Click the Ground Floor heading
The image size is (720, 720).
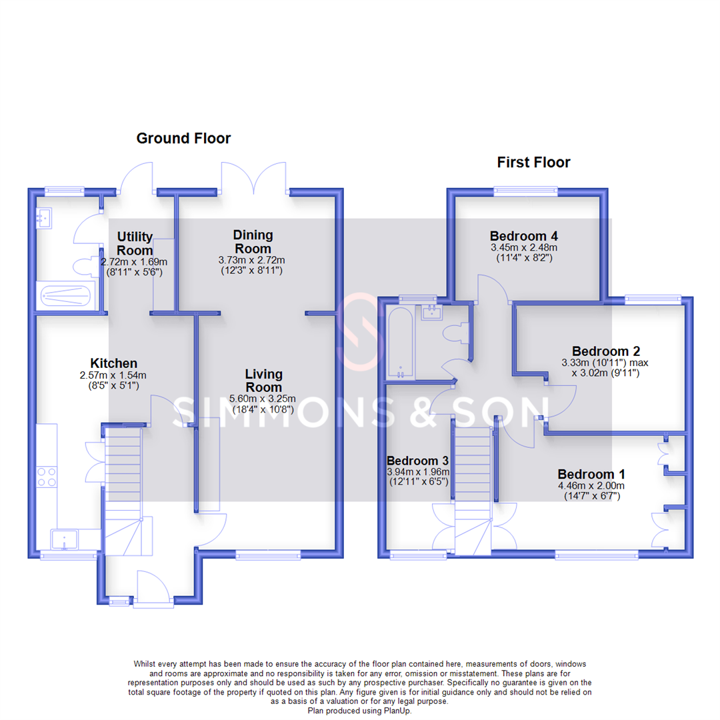pyautogui.click(x=183, y=138)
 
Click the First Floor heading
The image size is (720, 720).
pyautogui.click(x=533, y=162)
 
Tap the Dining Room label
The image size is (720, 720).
pyautogui.click(x=253, y=242)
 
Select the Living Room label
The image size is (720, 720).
pyautogui.click(x=263, y=380)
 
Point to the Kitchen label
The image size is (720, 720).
pyautogui.click(x=114, y=363)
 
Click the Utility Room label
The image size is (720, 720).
pyautogui.click(x=135, y=243)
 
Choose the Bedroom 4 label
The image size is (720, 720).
pyautogui.click(x=523, y=236)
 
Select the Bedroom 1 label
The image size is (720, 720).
pyautogui.click(x=591, y=474)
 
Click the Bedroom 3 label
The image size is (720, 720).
pyautogui.click(x=417, y=461)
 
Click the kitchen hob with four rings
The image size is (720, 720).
pyautogui.click(x=47, y=477)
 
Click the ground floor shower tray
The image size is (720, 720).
pyautogui.click(x=65, y=295)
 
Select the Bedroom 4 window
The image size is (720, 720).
pyautogui.click(x=526, y=191)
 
